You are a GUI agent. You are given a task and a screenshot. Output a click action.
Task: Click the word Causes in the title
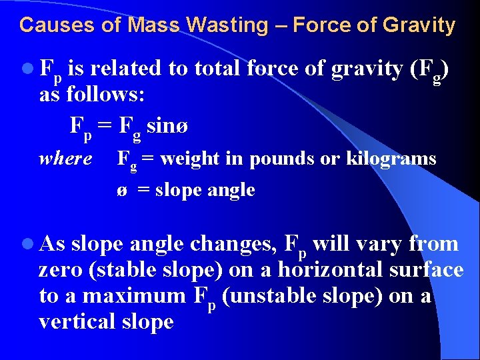[x=46, y=25]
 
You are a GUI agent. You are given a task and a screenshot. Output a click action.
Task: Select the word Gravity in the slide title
[x=418, y=25]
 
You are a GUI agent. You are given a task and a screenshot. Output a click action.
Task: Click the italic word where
[x=65, y=159]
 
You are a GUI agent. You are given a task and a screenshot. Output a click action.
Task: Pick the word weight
[x=189, y=159]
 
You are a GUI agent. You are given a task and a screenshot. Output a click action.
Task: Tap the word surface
[x=427, y=270]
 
